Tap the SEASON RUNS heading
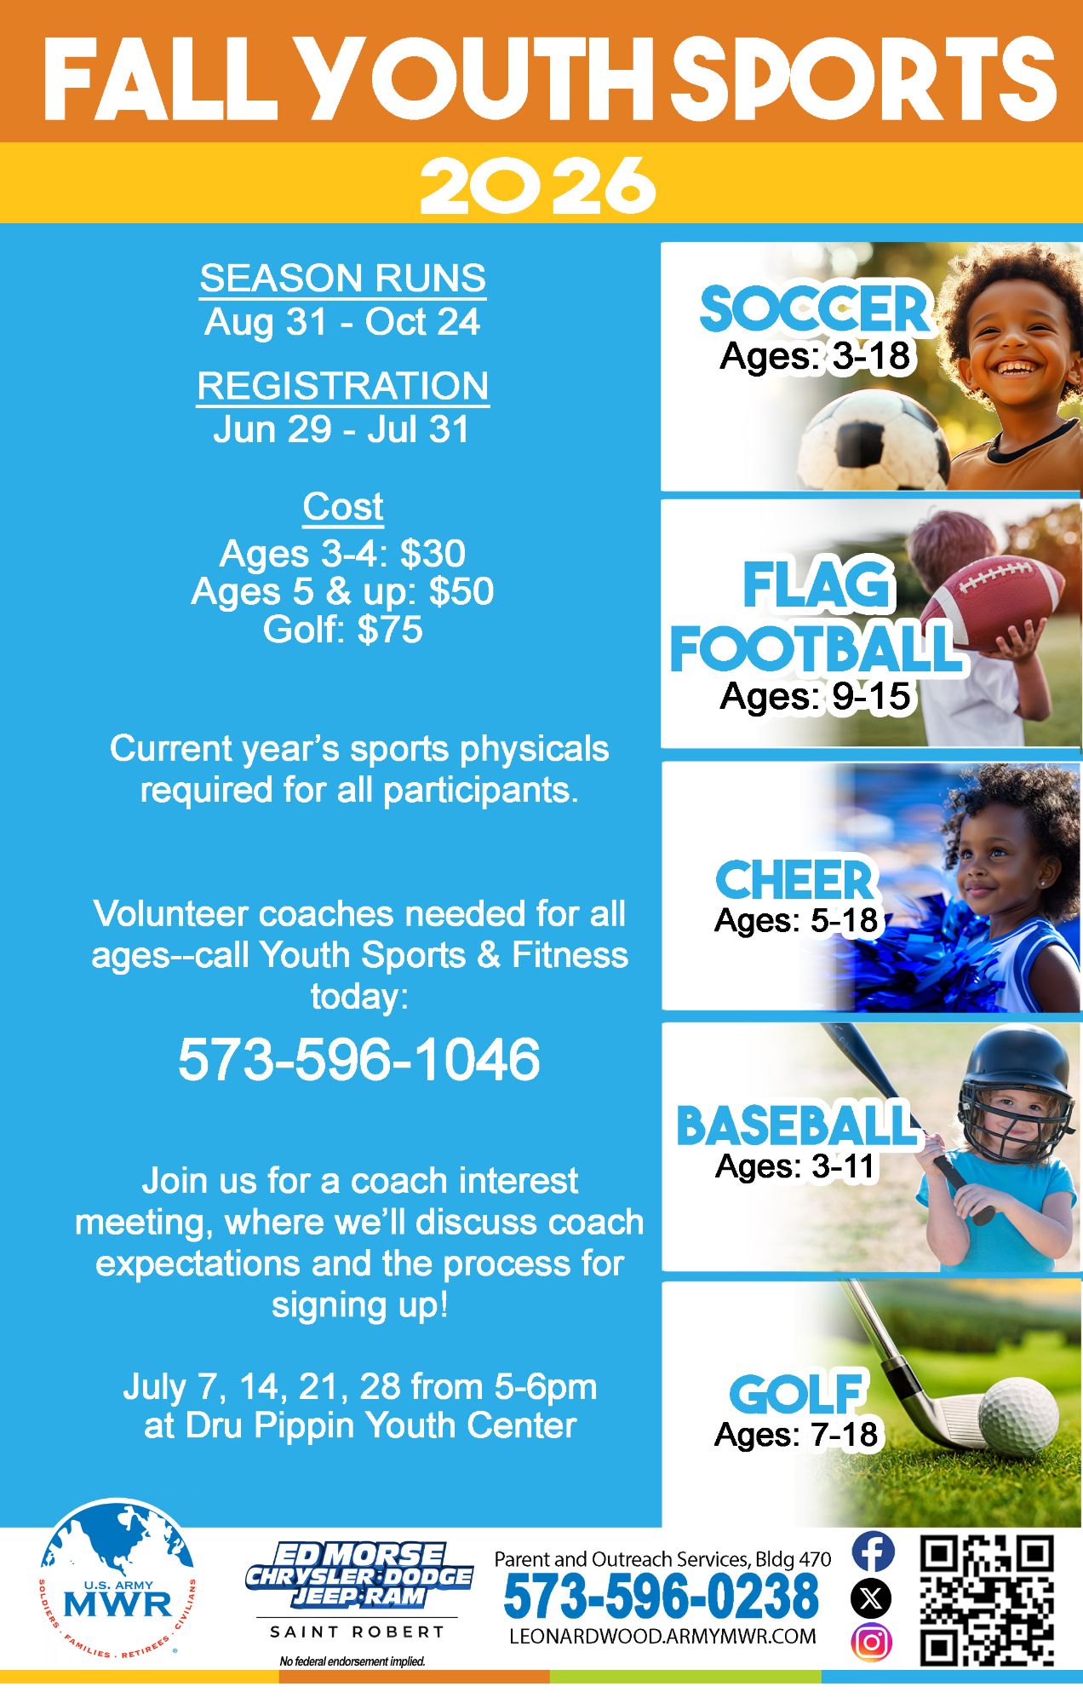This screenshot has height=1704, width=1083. point(342,279)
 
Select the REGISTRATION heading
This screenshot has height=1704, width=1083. point(342,386)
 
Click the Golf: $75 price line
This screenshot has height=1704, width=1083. point(342,630)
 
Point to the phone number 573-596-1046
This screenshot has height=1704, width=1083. point(358,1059)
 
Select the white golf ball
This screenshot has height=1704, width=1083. point(1018,1415)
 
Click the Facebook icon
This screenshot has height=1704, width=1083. point(872,1551)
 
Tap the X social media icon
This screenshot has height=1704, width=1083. point(872,1597)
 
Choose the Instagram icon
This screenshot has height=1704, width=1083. point(872,1641)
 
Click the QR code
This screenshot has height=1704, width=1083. point(988,1601)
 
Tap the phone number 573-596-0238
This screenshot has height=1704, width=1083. point(661,1596)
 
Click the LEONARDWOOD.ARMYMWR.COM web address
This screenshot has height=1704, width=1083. point(662,1636)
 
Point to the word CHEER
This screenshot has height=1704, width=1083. point(794,879)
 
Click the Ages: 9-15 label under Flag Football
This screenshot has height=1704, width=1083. point(815,696)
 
